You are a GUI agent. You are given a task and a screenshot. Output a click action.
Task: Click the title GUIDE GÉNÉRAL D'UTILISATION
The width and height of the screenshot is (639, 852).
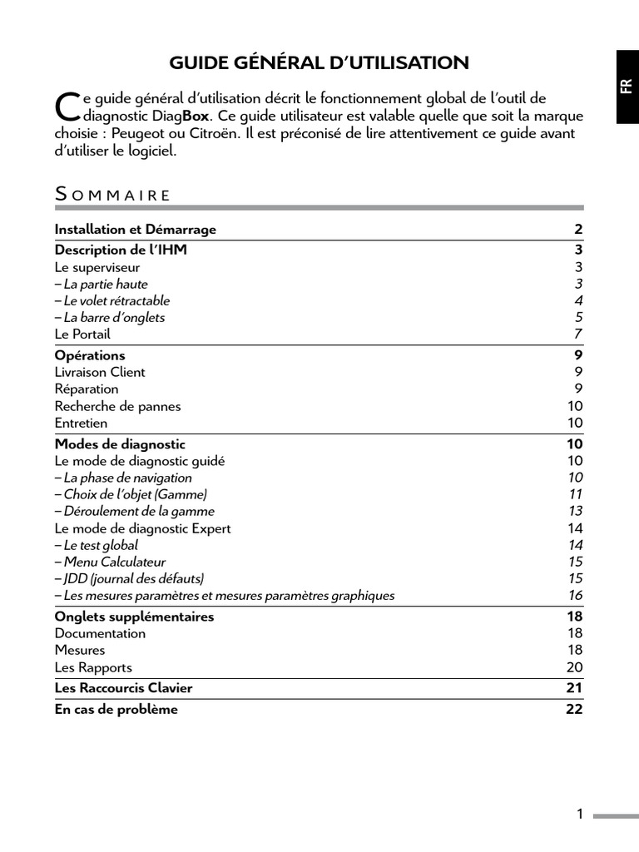[x=319, y=62]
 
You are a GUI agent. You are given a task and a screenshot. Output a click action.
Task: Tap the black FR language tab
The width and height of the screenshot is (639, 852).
[x=627, y=87]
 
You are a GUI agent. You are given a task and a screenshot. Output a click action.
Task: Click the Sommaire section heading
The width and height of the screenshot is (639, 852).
[x=112, y=195]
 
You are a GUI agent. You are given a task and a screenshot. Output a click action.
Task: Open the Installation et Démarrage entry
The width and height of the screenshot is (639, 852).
[x=136, y=230]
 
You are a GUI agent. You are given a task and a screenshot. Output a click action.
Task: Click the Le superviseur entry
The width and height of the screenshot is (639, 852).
[x=97, y=267]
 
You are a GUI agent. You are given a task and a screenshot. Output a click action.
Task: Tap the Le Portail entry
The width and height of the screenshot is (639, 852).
[x=82, y=334]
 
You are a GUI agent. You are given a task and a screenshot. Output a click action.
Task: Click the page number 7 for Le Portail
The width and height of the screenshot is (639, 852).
[x=578, y=334]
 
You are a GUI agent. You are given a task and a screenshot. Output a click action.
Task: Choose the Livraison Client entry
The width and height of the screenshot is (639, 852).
[x=100, y=372]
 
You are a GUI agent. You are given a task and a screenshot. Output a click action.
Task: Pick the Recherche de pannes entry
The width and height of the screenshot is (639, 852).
[x=117, y=406]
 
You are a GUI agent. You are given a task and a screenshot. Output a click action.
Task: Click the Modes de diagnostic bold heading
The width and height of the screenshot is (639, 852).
[x=120, y=444]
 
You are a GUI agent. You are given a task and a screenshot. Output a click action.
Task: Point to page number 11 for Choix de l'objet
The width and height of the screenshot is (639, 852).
[x=575, y=494]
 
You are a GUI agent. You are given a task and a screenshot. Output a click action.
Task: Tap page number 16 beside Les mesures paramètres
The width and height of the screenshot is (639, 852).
[x=575, y=596]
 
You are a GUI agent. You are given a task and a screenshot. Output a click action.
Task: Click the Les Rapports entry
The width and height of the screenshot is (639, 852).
[x=93, y=667]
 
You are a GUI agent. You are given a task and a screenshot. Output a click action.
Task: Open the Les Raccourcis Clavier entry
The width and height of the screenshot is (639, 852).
[x=123, y=688]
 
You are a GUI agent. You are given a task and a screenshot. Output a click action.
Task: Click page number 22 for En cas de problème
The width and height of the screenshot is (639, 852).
[x=574, y=710]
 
